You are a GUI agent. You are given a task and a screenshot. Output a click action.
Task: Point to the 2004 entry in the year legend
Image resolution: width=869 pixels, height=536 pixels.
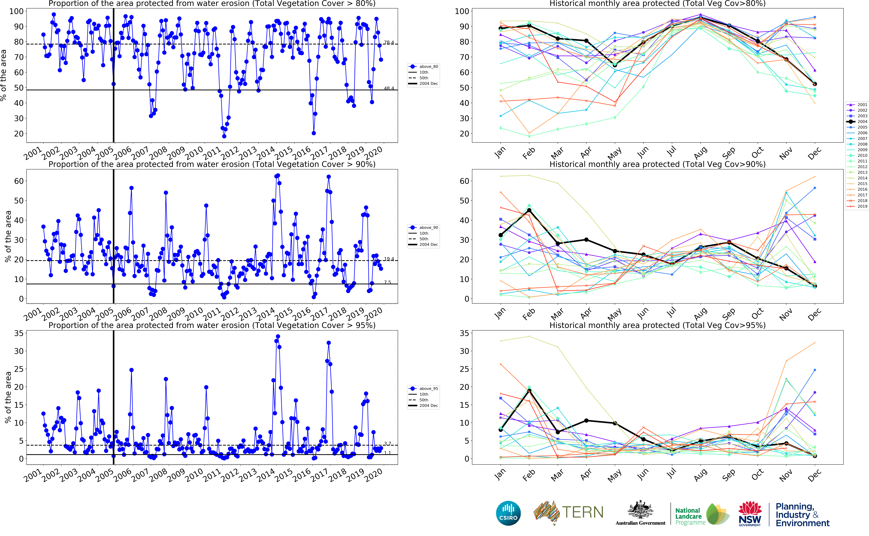tap(862, 122)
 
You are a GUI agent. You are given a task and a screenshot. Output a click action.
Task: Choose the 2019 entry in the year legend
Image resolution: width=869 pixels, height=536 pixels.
tap(862, 206)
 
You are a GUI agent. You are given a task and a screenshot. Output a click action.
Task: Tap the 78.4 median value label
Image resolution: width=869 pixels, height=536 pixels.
tap(389, 43)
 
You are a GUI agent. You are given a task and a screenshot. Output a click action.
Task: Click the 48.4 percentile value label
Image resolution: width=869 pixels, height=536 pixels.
tap(389, 88)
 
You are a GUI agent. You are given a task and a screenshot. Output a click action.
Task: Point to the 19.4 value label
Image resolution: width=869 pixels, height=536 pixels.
tap(389, 259)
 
